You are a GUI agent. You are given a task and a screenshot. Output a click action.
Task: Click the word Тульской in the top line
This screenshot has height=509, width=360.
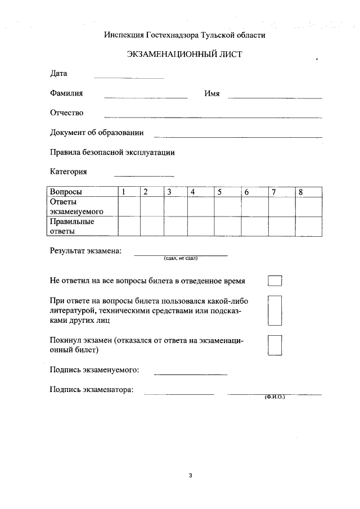pyautogui.click(x=211, y=35)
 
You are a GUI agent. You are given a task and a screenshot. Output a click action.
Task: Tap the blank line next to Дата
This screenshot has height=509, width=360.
pyautogui.click(x=129, y=77)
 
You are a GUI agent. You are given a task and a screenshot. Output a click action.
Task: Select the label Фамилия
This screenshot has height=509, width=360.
pyautogui.click(x=66, y=93)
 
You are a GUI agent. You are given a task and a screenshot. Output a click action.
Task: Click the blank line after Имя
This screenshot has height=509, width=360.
pyautogui.click(x=274, y=97)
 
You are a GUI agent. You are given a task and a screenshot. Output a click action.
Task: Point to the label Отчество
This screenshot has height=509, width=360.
pyautogui.click(x=66, y=112)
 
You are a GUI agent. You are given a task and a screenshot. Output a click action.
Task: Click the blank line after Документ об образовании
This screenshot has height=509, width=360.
pyautogui.click(x=238, y=136)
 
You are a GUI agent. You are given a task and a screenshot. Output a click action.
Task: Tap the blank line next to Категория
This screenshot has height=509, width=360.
pyautogui.click(x=144, y=175)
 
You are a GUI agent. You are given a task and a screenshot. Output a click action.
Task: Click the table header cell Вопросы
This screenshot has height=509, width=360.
pyautogui.click(x=66, y=192)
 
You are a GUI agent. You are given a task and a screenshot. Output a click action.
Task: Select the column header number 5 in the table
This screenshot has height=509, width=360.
pyautogui.click(x=220, y=192)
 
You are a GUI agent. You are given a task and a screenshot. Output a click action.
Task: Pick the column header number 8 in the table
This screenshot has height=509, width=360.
pyautogui.click(x=301, y=192)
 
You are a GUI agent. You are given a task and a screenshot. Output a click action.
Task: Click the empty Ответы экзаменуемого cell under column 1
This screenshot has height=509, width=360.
pyautogui.click(x=129, y=206)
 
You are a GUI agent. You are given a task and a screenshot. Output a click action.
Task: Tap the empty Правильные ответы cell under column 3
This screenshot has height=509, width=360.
pyautogui.click(x=175, y=226)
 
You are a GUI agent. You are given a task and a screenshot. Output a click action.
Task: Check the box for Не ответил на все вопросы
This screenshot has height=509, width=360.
pyautogui.click(x=274, y=281)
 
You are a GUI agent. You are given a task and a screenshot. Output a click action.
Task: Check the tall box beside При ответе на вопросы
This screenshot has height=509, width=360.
pyautogui.click(x=274, y=310)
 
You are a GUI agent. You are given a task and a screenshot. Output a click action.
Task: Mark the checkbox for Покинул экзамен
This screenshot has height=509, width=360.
pyautogui.click(x=274, y=345)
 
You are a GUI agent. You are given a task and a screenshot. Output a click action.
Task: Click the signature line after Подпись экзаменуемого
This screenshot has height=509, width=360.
pyautogui.click(x=191, y=373)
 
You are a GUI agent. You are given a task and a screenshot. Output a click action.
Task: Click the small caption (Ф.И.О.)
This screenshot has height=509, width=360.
pyautogui.click(x=275, y=397)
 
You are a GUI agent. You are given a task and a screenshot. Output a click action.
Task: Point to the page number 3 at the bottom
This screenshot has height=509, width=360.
pyautogui.click(x=191, y=476)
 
